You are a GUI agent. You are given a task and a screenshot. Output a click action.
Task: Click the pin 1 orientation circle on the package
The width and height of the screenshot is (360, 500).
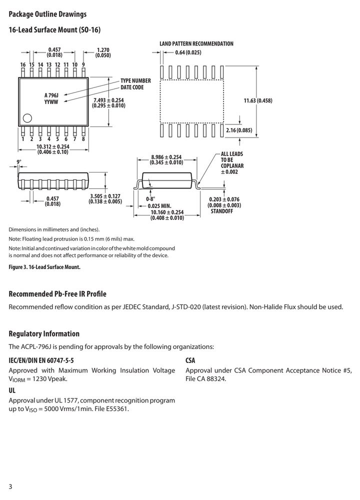tap(27, 118)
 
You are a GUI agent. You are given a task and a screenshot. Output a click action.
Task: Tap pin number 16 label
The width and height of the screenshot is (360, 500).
tap(23, 64)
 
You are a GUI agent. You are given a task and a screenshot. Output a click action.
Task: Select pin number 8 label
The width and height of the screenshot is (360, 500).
tap(83, 139)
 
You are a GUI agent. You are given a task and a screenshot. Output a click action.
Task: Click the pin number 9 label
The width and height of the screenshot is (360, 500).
tap(83, 64)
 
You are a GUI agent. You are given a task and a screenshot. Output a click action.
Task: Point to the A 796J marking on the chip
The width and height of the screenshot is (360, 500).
tap(51, 95)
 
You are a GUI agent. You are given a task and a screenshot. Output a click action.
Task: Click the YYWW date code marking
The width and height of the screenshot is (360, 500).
tap(51, 102)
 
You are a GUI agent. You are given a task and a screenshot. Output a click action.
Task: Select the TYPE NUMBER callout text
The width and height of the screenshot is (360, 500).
tap(135, 80)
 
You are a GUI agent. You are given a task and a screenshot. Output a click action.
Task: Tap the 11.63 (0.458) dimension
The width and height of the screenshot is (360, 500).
tap(258, 101)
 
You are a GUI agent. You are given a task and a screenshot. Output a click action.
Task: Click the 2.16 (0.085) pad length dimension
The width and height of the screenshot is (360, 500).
tap(239, 130)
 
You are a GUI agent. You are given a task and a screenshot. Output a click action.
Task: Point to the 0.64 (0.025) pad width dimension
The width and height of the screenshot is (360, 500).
tap(188, 52)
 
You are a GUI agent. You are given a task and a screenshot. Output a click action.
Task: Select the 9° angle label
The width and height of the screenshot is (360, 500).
tap(19, 162)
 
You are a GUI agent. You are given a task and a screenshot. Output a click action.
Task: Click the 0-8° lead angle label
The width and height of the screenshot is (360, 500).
tap(150, 199)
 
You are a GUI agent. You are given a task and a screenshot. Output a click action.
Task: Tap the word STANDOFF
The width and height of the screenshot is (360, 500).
tap(222, 211)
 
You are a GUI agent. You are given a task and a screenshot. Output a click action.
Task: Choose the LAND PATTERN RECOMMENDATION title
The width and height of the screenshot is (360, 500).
tap(196, 43)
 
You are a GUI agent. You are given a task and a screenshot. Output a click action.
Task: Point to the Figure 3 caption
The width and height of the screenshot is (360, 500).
tap(44, 267)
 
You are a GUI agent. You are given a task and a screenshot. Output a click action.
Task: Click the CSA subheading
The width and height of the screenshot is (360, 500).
tap(190, 360)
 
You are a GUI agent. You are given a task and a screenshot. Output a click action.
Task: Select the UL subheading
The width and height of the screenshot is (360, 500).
tap(12, 390)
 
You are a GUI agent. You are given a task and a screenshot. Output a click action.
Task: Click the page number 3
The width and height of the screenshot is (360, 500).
tap(10, 486)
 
